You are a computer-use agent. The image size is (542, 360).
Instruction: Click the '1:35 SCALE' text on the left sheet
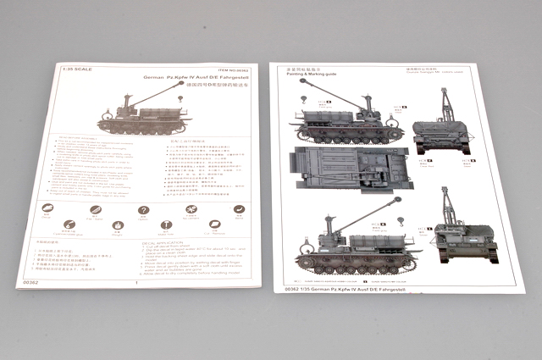click(x=81, y=69)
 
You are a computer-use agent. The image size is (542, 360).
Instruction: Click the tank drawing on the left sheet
click(x=144, y=114)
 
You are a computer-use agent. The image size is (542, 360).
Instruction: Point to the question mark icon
click(x=144, y=210)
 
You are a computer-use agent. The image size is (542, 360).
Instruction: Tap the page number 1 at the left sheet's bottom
click(x=135, y=283)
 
